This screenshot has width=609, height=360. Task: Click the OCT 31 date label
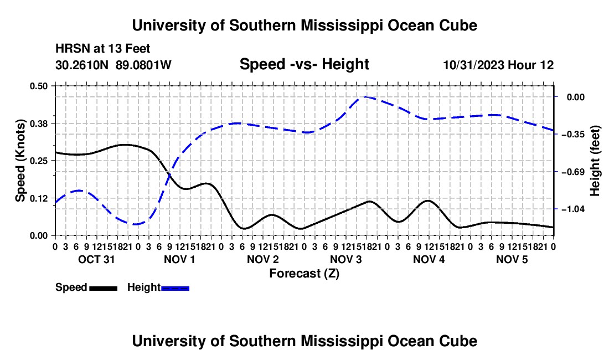pos(96,259)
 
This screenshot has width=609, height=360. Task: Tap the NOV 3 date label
pos(345,259)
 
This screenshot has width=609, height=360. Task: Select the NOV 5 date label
pos(512,259)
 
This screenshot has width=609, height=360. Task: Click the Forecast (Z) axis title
pos(304,274)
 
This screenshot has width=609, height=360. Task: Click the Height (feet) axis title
pos(595,161)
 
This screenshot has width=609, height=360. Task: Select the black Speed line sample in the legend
pos(104,288)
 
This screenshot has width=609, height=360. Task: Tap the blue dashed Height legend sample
pos(175,288)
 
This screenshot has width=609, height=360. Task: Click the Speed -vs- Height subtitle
pos(304,64)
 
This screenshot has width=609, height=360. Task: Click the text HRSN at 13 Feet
pos(102,49)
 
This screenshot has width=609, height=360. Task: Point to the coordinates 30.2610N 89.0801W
pos(113,65)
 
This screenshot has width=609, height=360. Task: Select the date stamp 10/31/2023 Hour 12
pos(498,65)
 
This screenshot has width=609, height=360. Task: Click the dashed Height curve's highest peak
pos(365,97)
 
